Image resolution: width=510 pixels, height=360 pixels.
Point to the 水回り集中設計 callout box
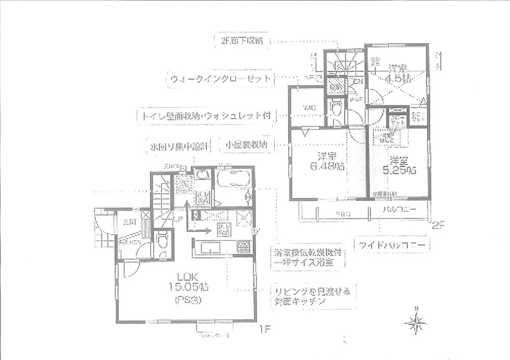tap(171, 145)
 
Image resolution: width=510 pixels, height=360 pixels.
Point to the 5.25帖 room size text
tap(399, 171)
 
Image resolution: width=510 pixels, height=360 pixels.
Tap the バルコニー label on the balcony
tap(399, 210)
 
